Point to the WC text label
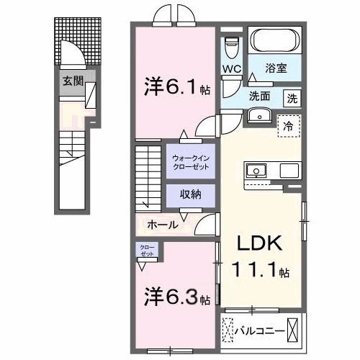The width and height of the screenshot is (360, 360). [230, 70]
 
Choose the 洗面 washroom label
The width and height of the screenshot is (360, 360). [261, 96]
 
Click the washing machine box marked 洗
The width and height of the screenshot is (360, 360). [292, 97]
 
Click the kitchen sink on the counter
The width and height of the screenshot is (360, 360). [256, 171]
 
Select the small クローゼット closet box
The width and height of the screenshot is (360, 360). [146, 251]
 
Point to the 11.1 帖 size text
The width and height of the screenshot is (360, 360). [260, 273]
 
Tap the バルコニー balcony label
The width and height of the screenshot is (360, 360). [257, 332]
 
